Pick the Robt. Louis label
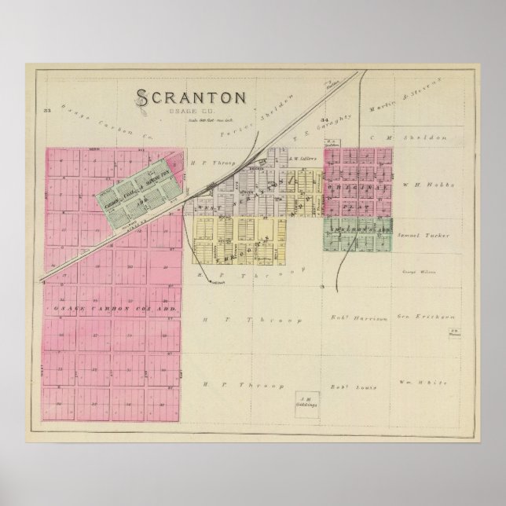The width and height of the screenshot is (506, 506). pyautogui.click(x=352, y=387)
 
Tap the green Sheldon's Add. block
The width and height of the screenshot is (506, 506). pyautogui.click(x=358, y=235)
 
